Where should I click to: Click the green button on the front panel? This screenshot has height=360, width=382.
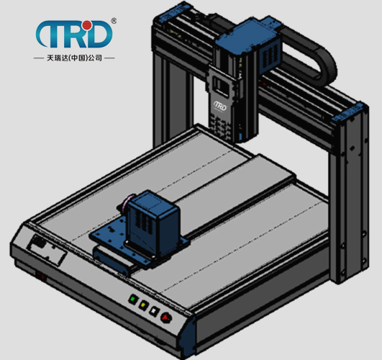tap(133, 299)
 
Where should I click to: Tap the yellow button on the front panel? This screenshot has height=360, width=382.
tap(143, 305)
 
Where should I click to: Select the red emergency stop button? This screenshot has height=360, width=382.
tap(166, 318)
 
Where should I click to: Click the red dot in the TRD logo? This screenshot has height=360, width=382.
tap(86, 25)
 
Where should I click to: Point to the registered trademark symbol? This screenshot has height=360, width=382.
tap(114, 21)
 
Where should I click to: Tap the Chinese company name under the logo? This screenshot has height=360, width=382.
tap(74, 58)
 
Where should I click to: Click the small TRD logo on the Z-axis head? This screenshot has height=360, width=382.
tap(220, 106)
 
